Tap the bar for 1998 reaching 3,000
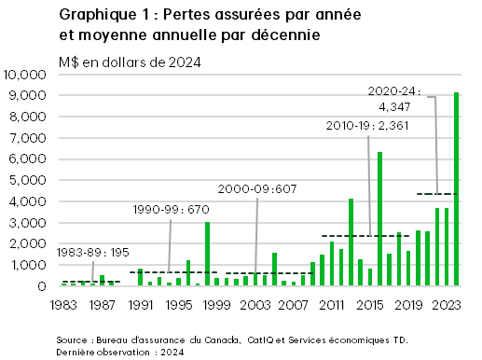pyautogui.click(x=207, y=254)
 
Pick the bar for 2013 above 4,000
pyautogui.click(x=351, y=242)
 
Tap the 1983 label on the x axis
pyautogui.click(x=63, y=304)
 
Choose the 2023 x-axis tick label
pyautogui.click(x=447, y=304)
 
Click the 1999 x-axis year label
pyautogui.click(x=216, y=304)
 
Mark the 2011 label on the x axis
pyautogui.click(x=332, y=304)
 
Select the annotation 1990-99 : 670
pyautogui.click(x=164, y=210)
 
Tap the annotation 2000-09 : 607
pyautogui.click(x=257, y=188)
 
